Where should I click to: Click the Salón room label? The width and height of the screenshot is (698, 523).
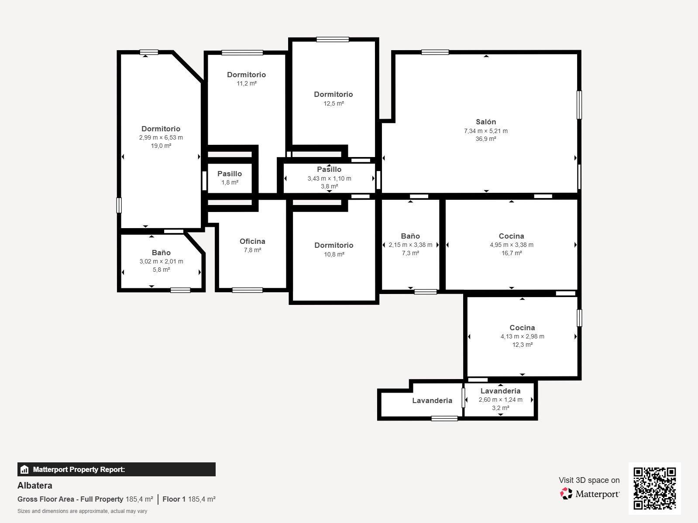point(485,122)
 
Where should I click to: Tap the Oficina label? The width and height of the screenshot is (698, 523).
point(252,241)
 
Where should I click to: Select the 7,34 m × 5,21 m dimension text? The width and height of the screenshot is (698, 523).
point(485,131)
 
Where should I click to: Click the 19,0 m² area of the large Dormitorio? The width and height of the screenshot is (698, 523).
point(161,146)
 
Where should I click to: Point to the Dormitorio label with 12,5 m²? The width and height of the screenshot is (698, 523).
point(333,94)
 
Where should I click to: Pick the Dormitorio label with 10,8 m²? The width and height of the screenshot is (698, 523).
point(334,245)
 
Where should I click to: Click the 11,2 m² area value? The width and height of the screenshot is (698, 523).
point(247,84)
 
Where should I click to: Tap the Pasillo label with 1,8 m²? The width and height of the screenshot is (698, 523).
point(230,174)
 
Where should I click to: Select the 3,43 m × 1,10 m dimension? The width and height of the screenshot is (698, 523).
point(329,178)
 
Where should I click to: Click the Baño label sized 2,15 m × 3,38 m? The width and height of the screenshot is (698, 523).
point(410,236)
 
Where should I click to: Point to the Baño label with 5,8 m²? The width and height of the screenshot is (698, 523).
point(161,253)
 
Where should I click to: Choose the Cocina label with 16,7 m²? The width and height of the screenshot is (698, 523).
point(511,236)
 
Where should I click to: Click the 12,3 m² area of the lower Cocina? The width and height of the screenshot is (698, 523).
point(522,345)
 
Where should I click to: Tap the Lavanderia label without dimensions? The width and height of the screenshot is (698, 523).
point(432,401)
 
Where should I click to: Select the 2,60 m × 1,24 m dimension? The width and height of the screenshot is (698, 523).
point(501,400)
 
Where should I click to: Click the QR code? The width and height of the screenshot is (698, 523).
point(654,489)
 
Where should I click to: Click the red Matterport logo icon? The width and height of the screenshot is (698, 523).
point(566,494)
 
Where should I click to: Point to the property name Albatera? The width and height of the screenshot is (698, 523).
point(35,485)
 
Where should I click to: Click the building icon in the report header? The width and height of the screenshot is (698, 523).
point(24,469)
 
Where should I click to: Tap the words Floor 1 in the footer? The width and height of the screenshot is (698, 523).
point(174,499)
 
